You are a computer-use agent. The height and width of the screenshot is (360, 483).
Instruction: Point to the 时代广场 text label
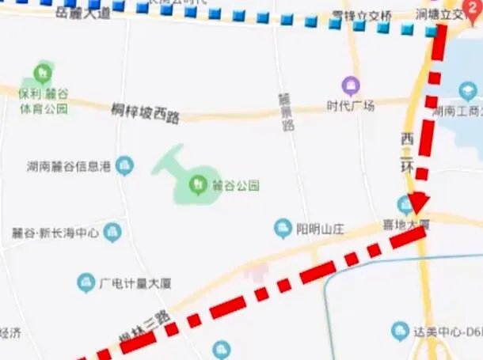click(x=351, y=105)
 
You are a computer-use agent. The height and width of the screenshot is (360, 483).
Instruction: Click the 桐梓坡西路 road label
click(x=145, y=112)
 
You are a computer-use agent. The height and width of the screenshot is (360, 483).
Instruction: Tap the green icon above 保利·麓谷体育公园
click(x=41, y=74)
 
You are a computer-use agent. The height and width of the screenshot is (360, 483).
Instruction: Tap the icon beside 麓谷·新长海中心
click(x=112, y=233)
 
